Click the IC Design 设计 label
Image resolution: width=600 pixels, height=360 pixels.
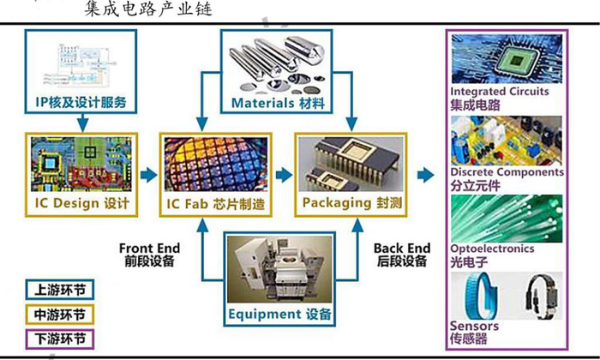coord(82,203)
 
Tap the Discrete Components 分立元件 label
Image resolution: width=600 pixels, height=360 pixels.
coord(507,178)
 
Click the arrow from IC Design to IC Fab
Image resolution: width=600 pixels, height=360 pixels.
coord(148,175)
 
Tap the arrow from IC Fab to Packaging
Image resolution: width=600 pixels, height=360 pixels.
coord(280,175)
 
